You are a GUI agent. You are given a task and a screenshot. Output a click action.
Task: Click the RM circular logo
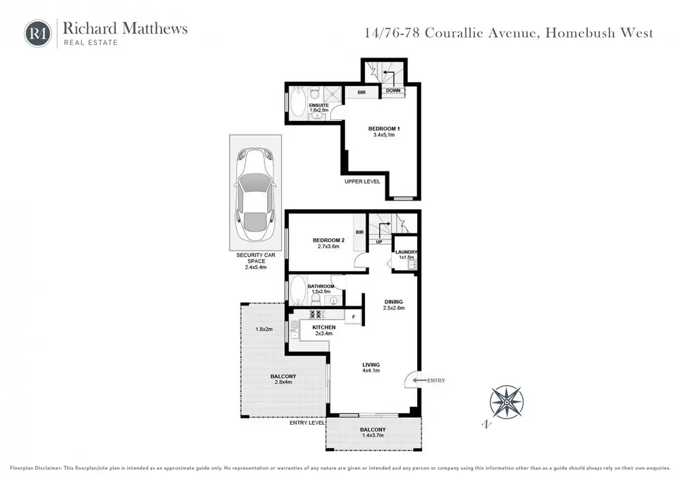click(x=38, y=33)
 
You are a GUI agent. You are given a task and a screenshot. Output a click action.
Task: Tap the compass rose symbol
click(x=506, y=402)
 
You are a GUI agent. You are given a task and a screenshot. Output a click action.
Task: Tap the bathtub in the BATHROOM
click(x=298, y=290)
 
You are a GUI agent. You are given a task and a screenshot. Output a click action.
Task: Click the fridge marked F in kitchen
click(x=354, y=317)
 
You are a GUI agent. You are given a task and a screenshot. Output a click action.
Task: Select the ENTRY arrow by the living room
click(x=419, y=380)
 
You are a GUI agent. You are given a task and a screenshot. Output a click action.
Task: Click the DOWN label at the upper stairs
click(x=393, y=91)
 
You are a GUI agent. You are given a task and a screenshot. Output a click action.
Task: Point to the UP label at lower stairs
click(x=379, y=242)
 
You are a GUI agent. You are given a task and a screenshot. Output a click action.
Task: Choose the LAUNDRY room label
click(x=407, y=252)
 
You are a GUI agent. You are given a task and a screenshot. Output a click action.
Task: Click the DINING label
click(x=393, y=302)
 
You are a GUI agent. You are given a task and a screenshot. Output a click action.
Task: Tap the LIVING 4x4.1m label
click(x=371, y=368)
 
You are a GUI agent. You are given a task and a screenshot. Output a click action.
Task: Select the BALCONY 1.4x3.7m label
click(x=373, y=432)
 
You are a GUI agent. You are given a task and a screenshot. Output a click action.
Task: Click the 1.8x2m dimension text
click(x=264, y=329)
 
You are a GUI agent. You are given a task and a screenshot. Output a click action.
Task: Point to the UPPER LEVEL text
click(x=362, y=181)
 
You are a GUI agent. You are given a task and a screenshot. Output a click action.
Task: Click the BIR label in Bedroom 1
click(x=362, y=93)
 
